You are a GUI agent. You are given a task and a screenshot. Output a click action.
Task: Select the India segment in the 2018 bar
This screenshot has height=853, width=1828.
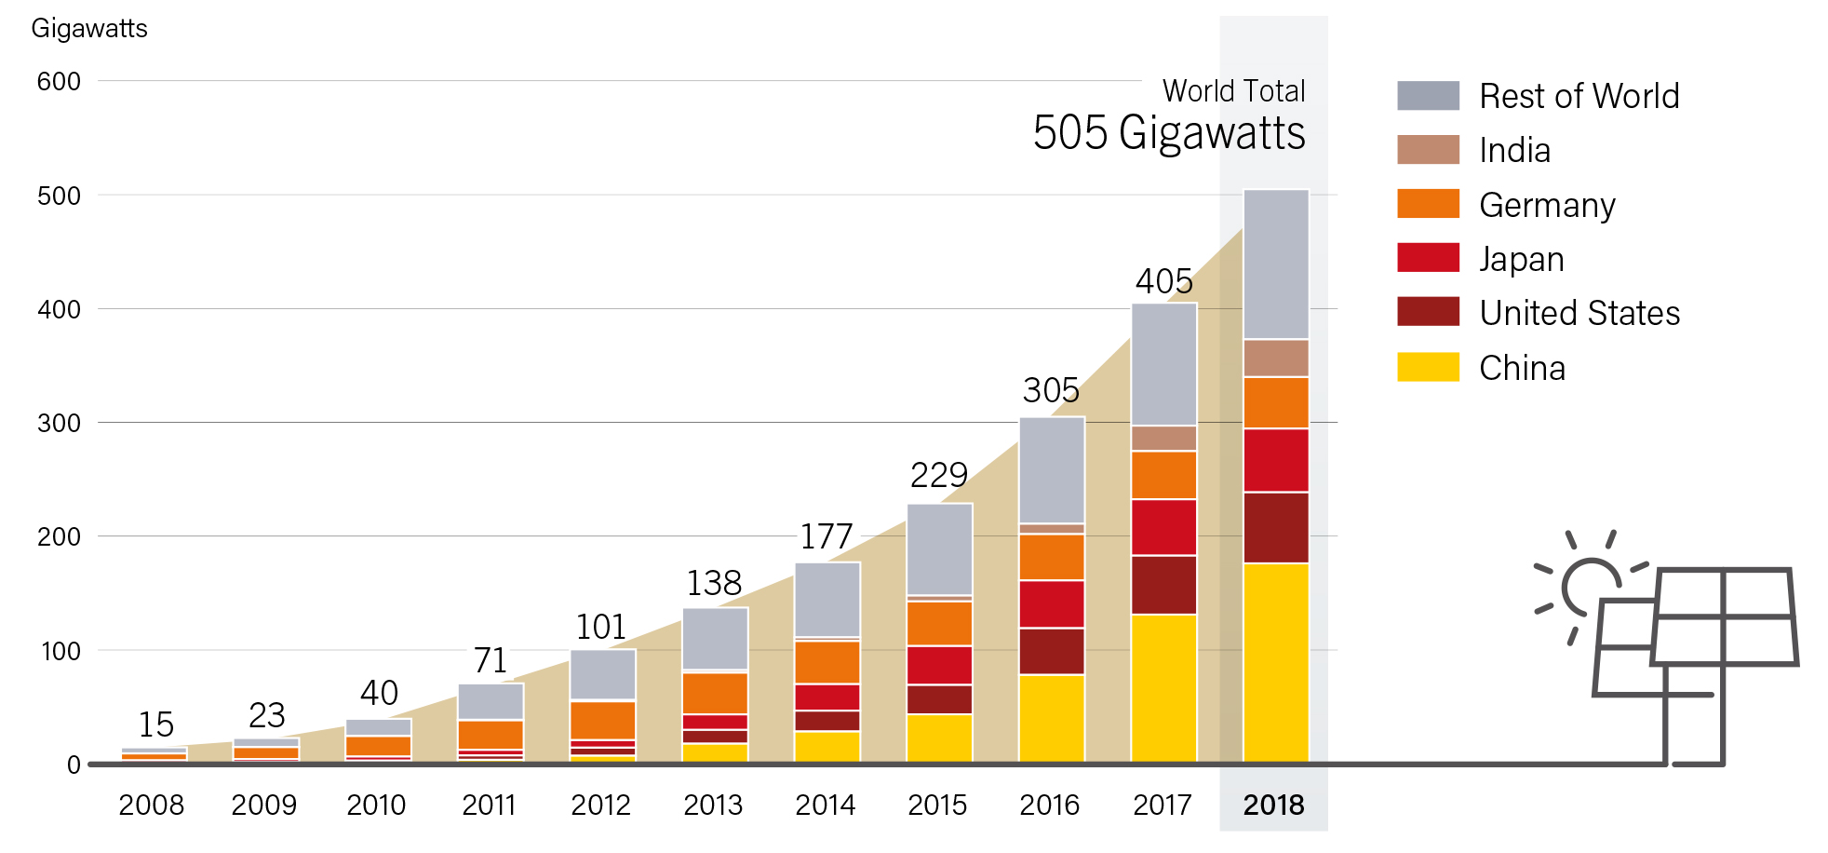tap(1276, 358)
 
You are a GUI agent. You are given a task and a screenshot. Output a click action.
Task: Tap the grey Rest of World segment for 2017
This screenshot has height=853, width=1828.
tap(1163, 364)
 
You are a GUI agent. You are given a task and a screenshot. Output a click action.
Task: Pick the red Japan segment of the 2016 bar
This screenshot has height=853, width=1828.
tap(1052, 603)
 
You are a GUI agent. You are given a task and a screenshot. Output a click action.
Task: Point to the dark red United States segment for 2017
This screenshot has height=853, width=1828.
tap(1163, 585)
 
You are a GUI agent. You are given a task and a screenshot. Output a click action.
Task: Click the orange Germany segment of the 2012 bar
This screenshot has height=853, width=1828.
tap(602, 720)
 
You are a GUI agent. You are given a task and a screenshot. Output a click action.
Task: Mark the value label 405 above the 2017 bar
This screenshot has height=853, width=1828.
tap(1163, 281)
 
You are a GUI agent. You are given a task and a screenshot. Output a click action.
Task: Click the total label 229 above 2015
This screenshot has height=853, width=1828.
tap(938, 476)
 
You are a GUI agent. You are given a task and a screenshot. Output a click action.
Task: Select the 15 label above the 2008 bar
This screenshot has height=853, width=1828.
tap(156, 724)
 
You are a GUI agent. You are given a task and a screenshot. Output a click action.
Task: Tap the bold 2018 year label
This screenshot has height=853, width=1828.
tap(1273, 805)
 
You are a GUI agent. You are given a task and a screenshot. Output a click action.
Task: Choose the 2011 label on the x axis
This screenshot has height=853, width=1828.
tap(489, 805)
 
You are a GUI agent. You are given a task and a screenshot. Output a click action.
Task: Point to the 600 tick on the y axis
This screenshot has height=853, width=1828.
tap(59, 82)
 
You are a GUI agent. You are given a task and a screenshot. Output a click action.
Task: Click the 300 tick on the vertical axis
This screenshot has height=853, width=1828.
tap(59, 424)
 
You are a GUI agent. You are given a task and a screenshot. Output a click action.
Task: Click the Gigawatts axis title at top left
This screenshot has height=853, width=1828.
tap(89, 29)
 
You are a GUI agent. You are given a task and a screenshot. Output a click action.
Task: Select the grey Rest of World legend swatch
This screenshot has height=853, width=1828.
tap(1428, 96)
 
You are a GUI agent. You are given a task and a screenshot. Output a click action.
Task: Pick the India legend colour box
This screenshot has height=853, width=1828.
tap(1428, 150)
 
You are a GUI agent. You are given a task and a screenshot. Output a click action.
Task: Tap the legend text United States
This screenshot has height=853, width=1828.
tap(1579, 313)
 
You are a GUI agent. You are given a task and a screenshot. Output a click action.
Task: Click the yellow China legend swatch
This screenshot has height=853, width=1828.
tap(1428, 367)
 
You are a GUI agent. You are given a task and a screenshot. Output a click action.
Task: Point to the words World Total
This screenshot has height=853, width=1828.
tap(1233, 91)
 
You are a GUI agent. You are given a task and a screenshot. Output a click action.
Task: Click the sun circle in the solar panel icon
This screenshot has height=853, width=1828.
tap(1590, 587)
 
